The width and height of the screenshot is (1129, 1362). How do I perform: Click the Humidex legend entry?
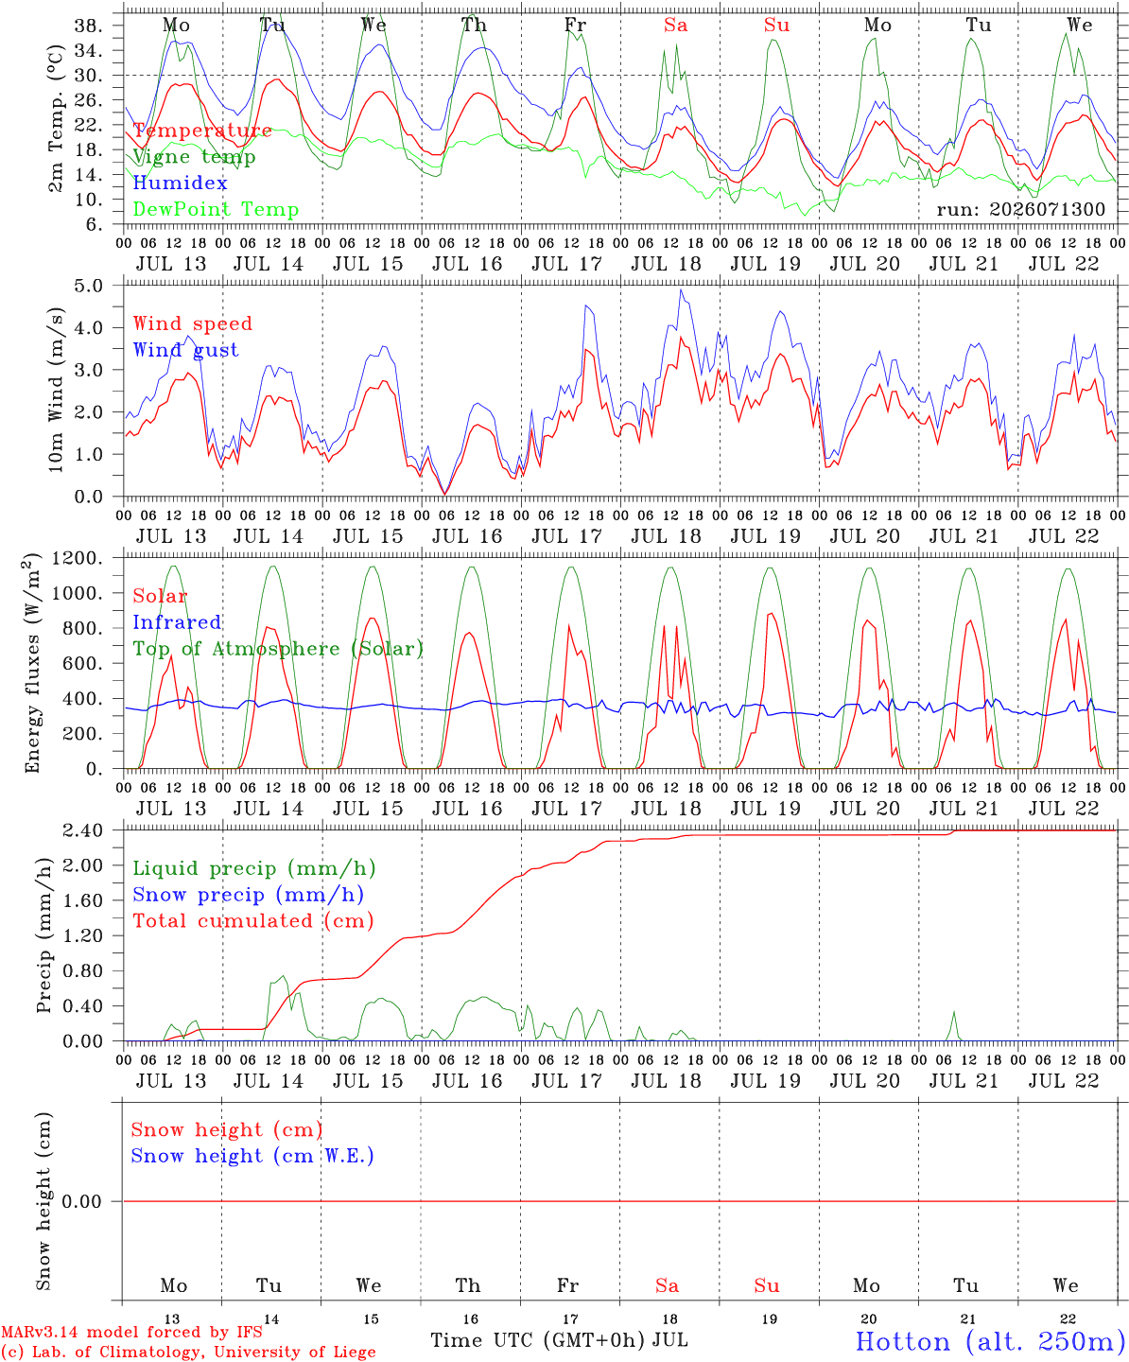(x=180, y=183)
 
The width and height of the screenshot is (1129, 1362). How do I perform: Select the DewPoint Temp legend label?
(x=216, y=209)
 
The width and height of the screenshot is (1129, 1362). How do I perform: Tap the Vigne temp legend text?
(x=194, y=157)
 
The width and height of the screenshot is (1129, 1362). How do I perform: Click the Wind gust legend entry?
(x=186, y=350)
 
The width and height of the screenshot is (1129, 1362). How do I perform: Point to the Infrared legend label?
(x=177, y=622)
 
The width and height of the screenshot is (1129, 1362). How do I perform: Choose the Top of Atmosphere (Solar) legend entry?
(x=279, y=649)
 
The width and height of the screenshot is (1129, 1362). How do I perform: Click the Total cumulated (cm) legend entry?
(x=253, y=921)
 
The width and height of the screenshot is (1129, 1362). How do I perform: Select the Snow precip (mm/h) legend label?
(x=248, y=895)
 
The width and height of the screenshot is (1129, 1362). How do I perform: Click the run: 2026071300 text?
(x=1020, y=209)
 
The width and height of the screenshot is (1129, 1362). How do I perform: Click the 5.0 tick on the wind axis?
(x=89, y=286)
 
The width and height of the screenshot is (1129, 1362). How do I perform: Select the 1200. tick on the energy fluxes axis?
(x=78, y=558)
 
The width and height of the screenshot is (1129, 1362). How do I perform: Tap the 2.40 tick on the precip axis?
(x=83, y=830)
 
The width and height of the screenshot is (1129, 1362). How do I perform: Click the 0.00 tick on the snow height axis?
(x=81, y=1201)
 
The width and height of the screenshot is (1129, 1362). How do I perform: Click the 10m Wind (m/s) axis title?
(x=56, y=390)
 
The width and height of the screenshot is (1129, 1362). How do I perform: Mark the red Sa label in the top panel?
(x=676, y=26)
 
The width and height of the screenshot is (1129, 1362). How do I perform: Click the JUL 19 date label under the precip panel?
(x=765, y=1080)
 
